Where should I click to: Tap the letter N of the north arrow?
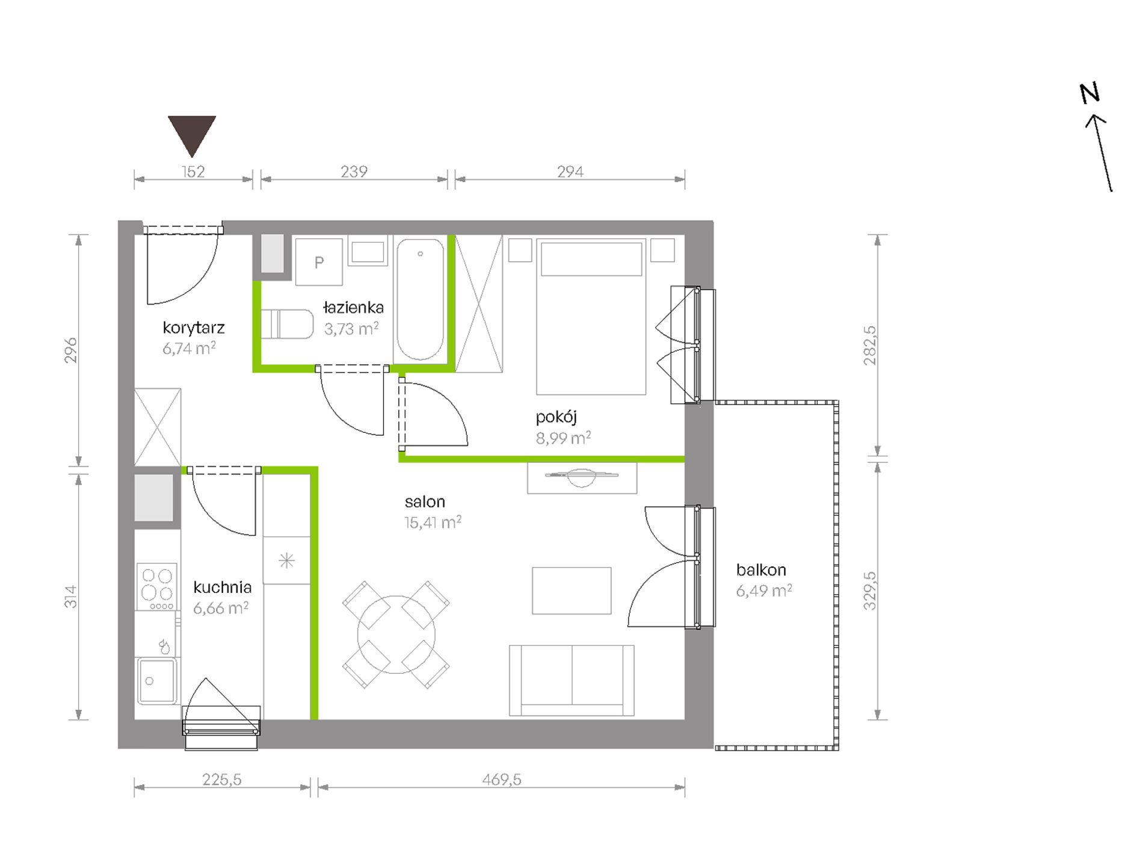click(x=1089, y=93)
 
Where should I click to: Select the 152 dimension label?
click(x=193, y=172)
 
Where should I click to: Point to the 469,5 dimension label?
click(x=502, y=780)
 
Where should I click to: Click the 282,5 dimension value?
click(x=870, y=346)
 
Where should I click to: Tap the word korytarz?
click(x=194, y=328)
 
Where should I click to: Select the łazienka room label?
click(x=353, y=308)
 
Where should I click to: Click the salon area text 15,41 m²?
click(x=433, y=522)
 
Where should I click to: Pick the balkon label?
click(x=761, y=570)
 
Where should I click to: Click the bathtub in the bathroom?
click(x=420, y=299)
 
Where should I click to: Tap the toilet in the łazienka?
click(x=287, y=324)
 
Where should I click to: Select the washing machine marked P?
click(x=319, y=261)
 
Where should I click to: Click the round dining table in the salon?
click(x=396, y=634)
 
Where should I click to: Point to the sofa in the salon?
click(x=571, y=681)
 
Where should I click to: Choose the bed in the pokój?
click(x=591, y=317)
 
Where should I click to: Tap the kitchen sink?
click(x=157, y=681)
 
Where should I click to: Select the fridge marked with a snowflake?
click(x=287, y=560)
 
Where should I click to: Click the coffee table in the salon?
click(x=571, y=591)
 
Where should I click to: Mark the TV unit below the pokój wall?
click(x=582, y=478)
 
